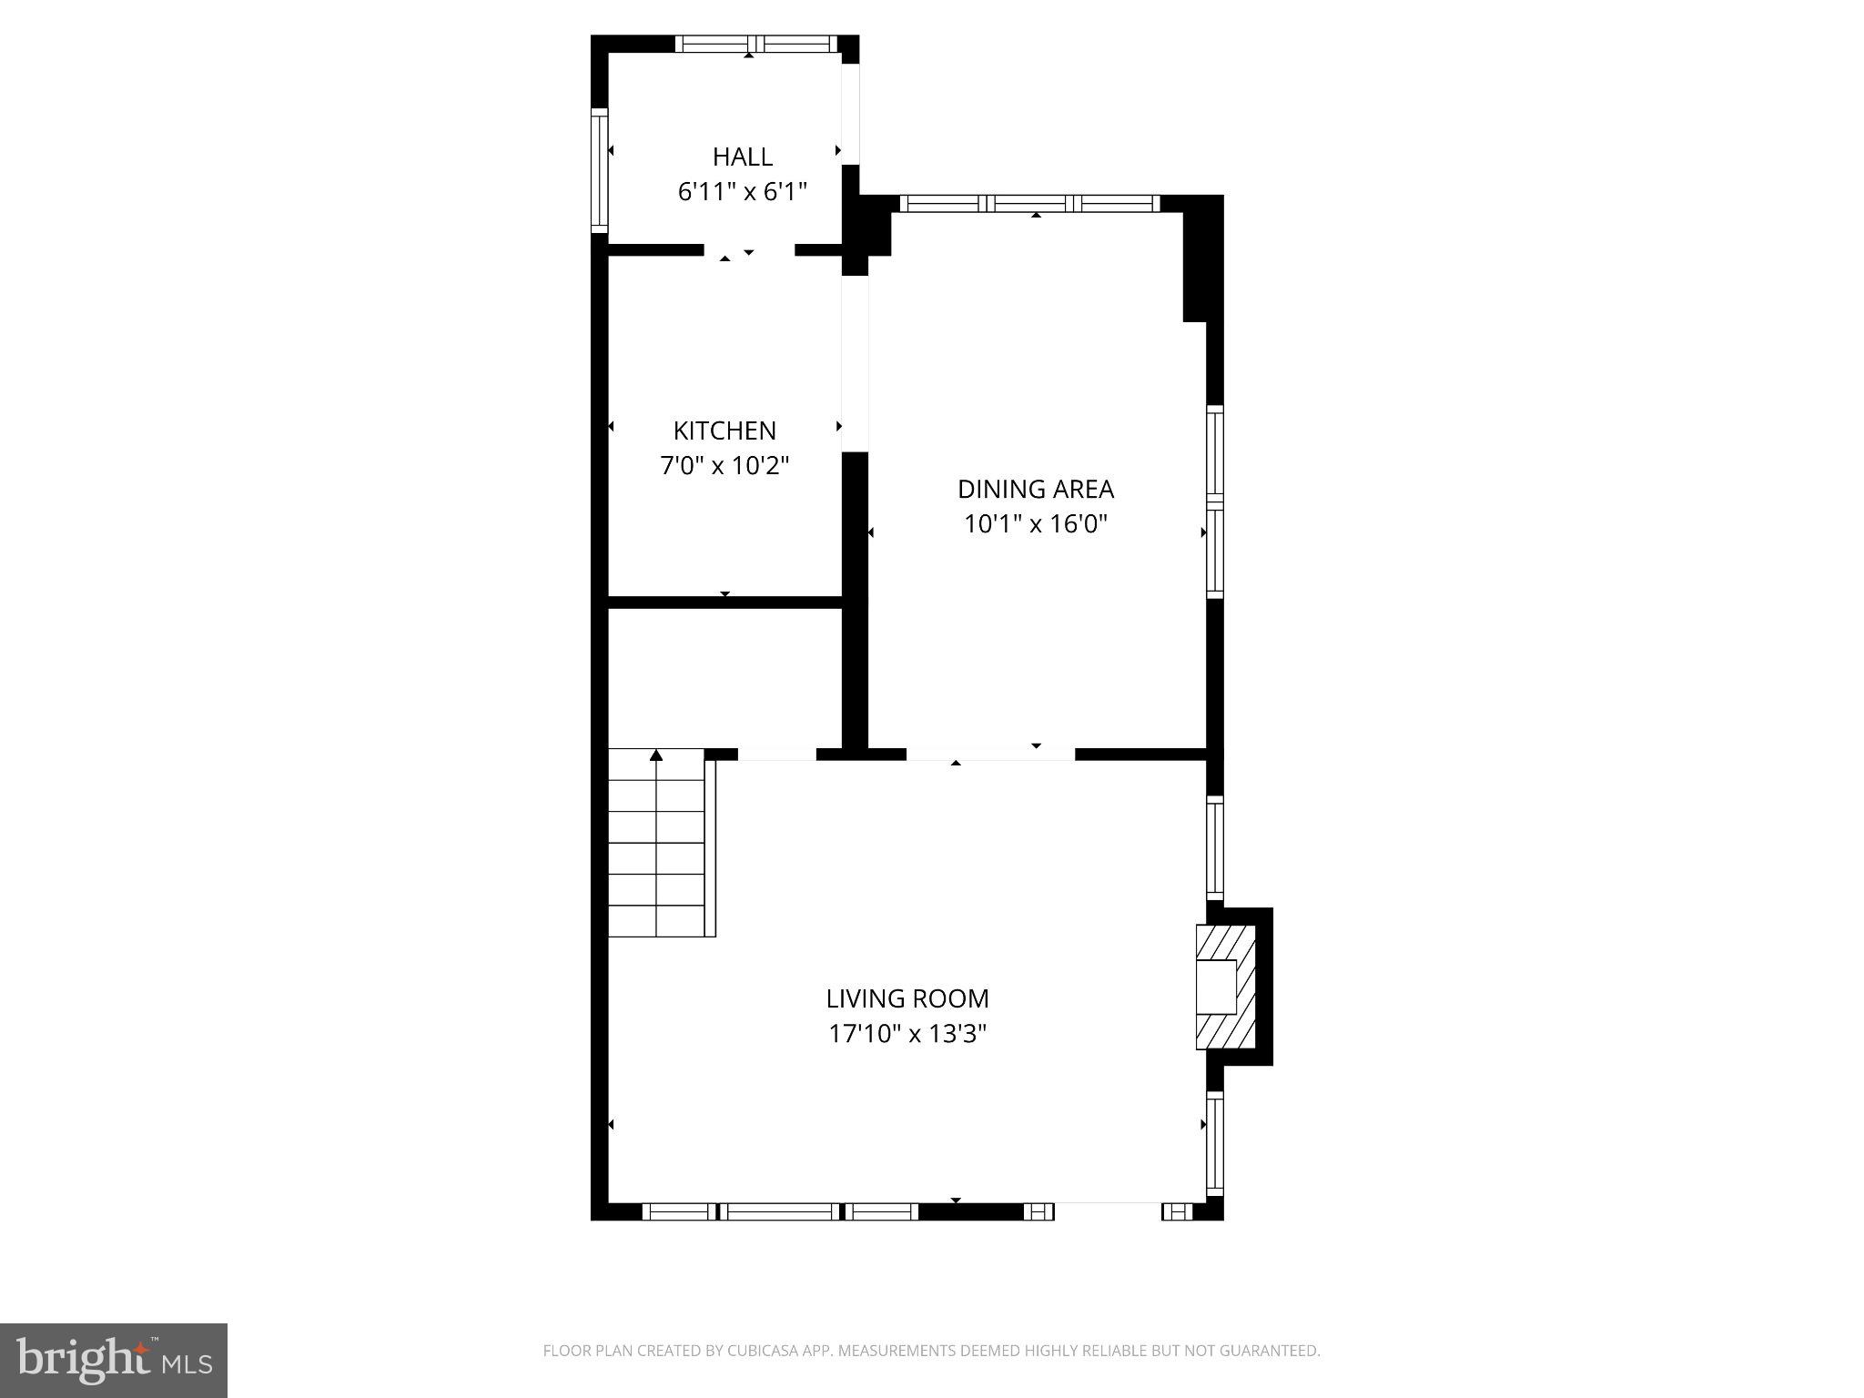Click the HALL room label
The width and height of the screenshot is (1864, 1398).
[x=742, y=157]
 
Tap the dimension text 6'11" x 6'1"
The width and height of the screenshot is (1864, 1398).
[x=742, y=192]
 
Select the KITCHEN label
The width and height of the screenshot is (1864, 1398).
[x=724, y=431]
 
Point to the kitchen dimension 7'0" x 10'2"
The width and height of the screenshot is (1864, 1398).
[x=724, y=466]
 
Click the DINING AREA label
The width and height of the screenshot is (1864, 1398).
[x=1035, y=489]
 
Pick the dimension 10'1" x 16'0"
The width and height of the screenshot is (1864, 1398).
[x=1035, y=524]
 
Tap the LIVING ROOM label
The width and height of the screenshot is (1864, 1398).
[x=907, y=998]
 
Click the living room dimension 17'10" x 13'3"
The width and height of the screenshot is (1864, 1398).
[x=907, y=1034]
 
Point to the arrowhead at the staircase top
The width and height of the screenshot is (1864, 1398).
[x=656, y=755]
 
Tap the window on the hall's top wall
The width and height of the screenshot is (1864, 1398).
[x=755, y=44]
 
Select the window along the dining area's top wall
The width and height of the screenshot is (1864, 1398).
[x=1029, y=203]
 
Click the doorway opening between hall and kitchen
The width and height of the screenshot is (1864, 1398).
[x=748, y=250]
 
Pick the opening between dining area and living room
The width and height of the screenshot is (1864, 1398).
[x=990, y=754]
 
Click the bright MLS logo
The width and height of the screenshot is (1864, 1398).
[x=113, y=1360]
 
